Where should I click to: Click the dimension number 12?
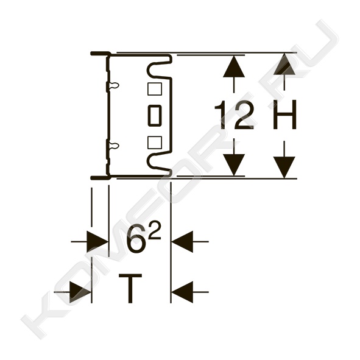pyautogui.click(x=234, y=115)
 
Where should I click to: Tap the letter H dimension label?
pyautogui.click(x=284, y=115)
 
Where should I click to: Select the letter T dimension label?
pyautogui.click(x=130, y=289)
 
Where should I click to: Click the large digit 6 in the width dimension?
pyautogui.click(x=135, y=240)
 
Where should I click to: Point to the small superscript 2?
pyautogui.click(x=154, y=230)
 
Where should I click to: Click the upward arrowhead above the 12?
pyautogui.click(x=234, y=66)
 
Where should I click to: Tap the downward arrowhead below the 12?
pyautogui.click(x=234, y=165)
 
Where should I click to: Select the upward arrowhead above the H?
pyautogui.click(x=284, y=64)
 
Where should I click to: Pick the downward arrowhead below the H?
pyautogui.click(x=284, y=168)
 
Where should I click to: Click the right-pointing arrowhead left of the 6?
pyautogui.click(x=97, y=242)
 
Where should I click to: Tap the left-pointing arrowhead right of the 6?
pyautogui.click(x=182, y=242)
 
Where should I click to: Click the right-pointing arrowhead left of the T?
pyautogui.click(x=80, y=292)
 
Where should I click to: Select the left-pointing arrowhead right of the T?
pyautogui.click(x=182, y=292)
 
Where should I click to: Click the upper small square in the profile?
pyautogui.click(x=155, y=89)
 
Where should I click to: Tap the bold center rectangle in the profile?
pyautogui.click(x=155, y=116)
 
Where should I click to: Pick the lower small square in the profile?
pyautogui.click(x=155, y=143)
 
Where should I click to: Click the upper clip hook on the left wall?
pyautogui.click(x=114, y=85)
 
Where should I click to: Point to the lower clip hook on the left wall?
pyautogui.click(x=114, y=146)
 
